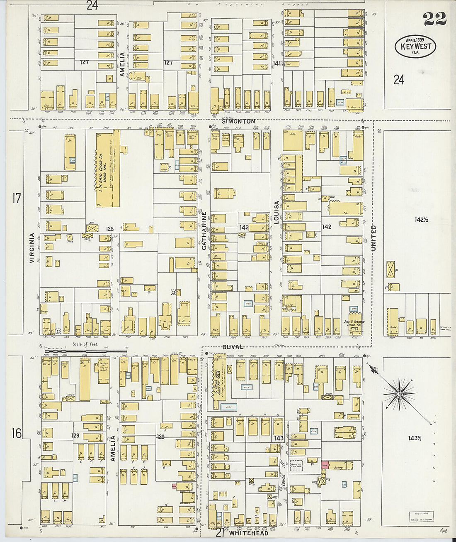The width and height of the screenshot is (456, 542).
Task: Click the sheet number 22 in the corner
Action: pyautogui.click(x=435, y=19)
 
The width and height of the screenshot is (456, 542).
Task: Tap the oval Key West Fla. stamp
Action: pyautogui.click(x=415, y=46)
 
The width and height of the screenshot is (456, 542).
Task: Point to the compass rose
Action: pyautogui.click(x=399, y=392)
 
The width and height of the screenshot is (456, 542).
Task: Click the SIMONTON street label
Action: pyautogui.click(x=238, y=121)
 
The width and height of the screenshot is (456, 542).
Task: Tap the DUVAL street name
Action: pyautogui.click(x=233, y=347)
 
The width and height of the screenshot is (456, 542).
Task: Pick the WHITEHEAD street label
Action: pyautogui.click(x=248, y=533)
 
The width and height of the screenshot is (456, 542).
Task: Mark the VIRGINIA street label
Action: pyautogui.click(x=32, y=248)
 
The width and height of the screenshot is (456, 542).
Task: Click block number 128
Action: pyautogui.click(x=109, y=229)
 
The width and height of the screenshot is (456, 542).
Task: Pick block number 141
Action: pyautogui.click(x=277, y=64)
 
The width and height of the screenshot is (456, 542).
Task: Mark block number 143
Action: pyautogui.click(x=279, y=438)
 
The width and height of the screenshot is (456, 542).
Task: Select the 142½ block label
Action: pyautogui.click(x=420, y=219)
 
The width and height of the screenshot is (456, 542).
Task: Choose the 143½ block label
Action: pyautogui.click(x=415, y=438)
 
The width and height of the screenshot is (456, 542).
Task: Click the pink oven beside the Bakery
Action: pyautogui.click(x=325, y=465)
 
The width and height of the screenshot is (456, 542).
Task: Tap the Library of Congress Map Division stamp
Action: pyautogui.click(x=422, y=516)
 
